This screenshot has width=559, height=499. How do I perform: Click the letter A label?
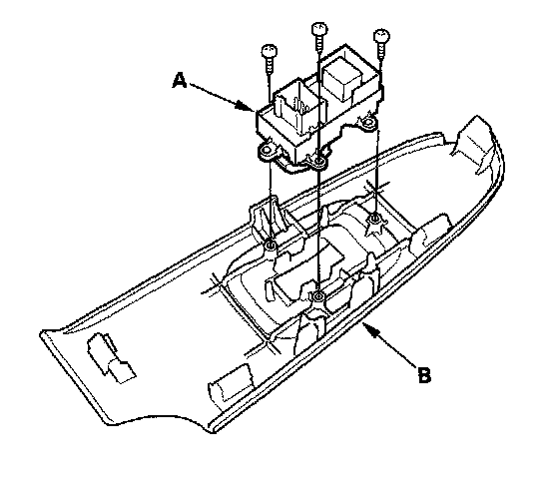tap(180, 80)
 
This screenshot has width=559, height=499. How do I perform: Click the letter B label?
tap(424, 375)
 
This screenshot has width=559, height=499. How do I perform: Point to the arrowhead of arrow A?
tap(246, 106)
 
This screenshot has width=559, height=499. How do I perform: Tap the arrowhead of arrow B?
tap(369, 328)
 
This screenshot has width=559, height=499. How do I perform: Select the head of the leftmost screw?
tap(270, 51)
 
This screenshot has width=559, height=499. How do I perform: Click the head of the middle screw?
tap(319, 29)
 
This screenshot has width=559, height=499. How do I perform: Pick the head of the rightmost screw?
tap(381, 36)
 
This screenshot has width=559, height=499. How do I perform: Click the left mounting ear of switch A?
tap(266, 151)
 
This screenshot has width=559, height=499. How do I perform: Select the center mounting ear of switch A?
tap(318, 162)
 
